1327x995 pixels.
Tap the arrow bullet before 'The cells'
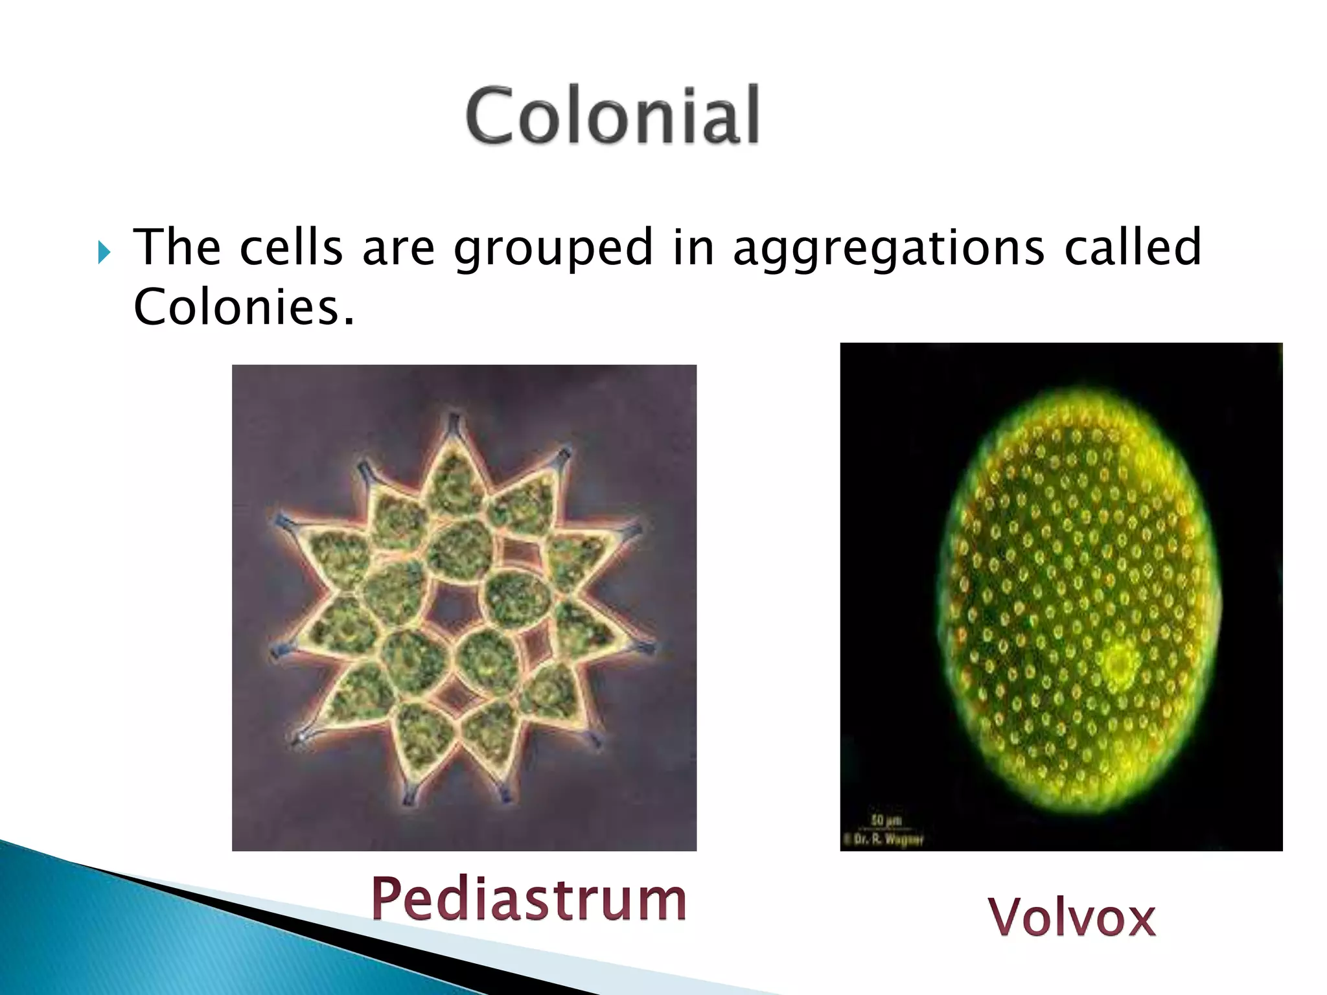(x=104, y=252)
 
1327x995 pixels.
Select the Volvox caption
(x=1072, y=917)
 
